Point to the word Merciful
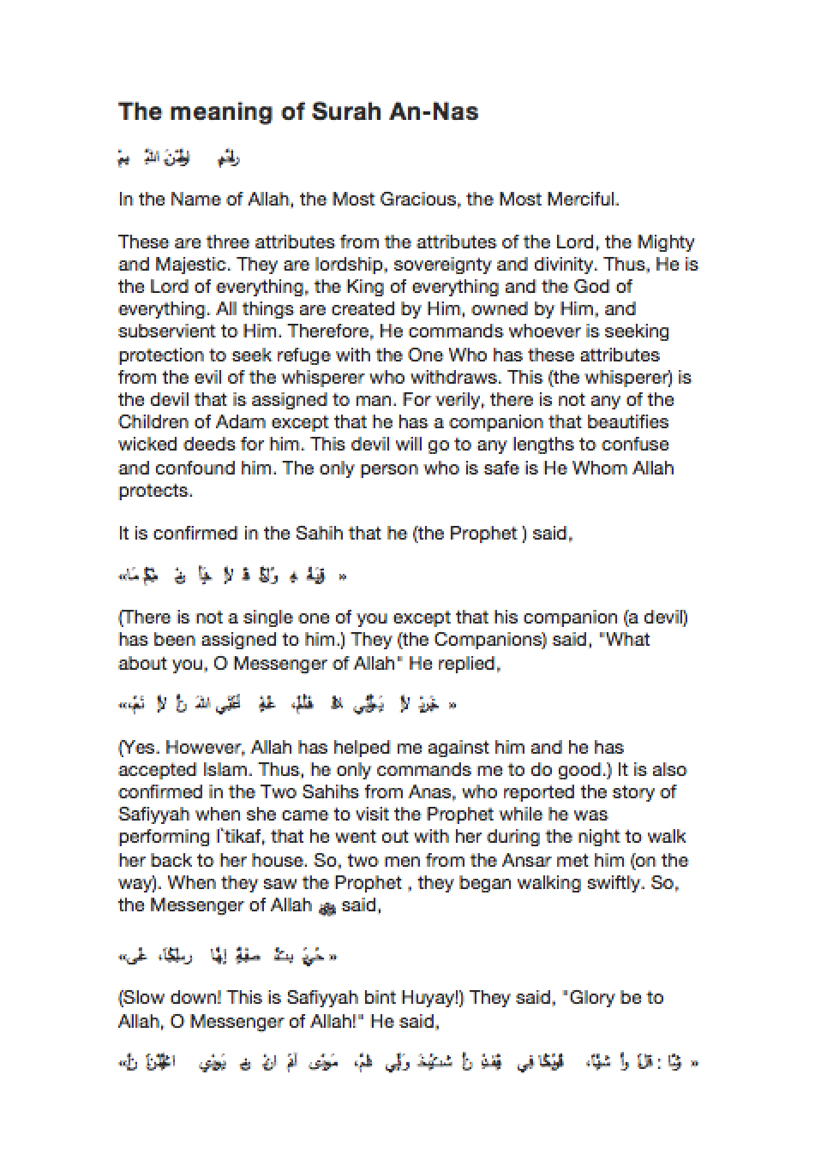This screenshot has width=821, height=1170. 584,200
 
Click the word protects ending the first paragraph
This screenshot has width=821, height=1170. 155,492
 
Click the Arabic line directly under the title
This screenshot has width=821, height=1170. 179,158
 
